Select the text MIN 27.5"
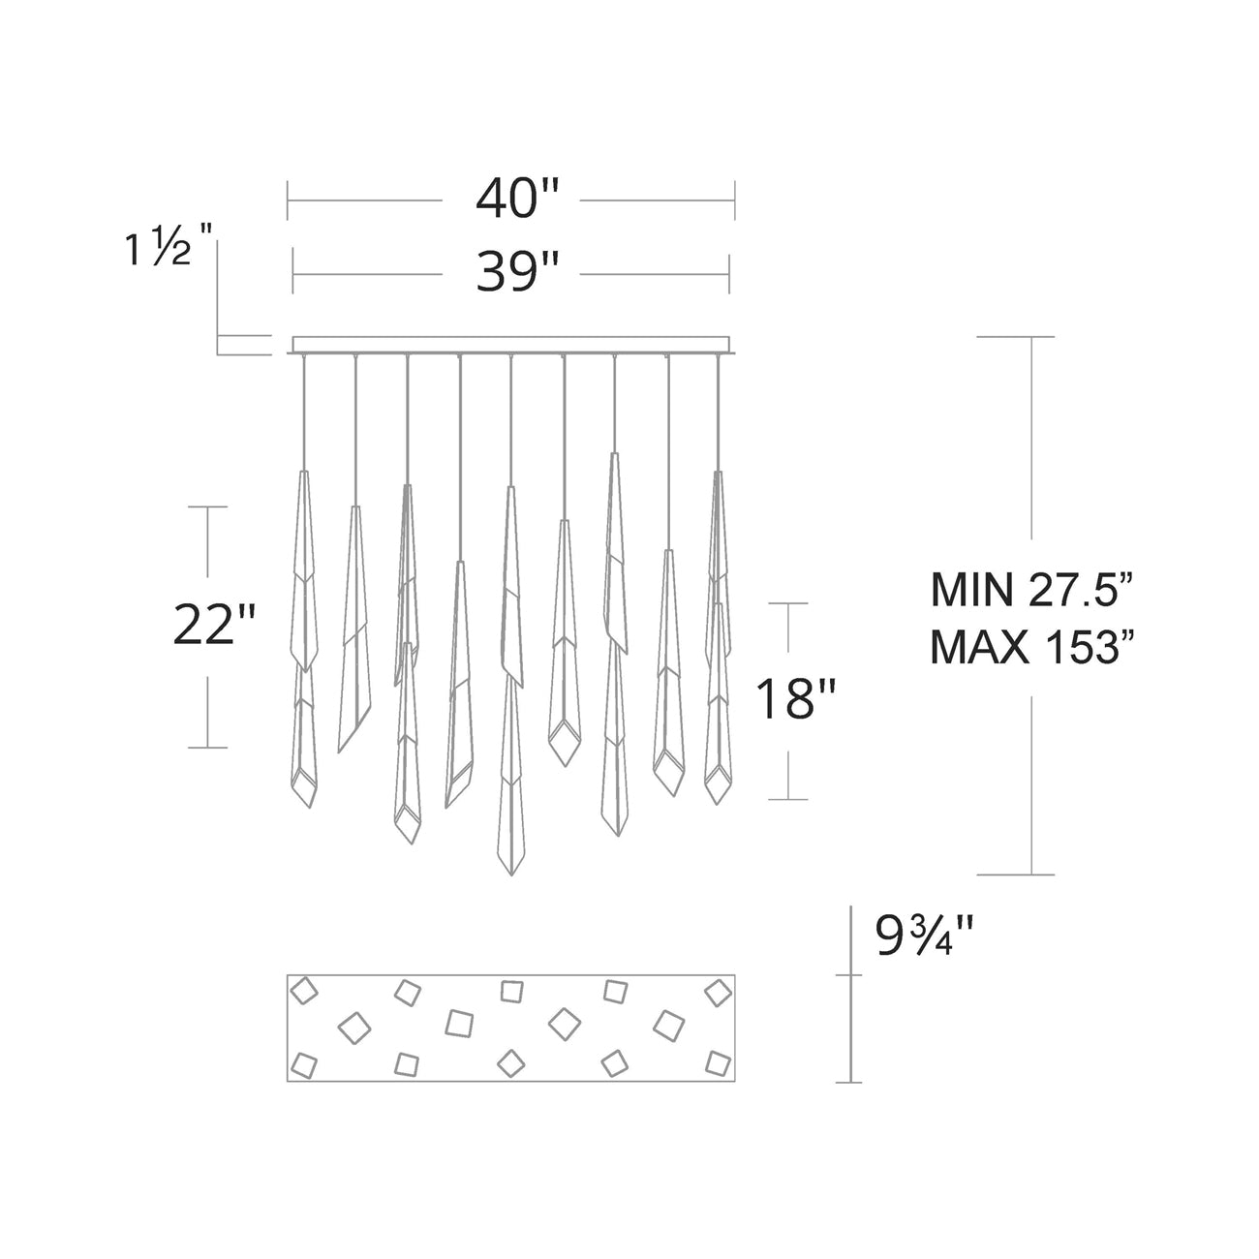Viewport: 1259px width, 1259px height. click(x=1030, y=590)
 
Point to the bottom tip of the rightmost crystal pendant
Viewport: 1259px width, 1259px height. click(x=716, y=803)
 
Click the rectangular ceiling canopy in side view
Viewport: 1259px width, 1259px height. click(x=510, y=345)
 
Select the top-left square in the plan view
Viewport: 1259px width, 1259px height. click(x=306, y=993)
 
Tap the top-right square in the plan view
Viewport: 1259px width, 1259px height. click(x=718, y=993)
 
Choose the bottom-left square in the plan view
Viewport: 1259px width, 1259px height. click(x=305, y=1064)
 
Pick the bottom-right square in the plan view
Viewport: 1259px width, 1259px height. click(x=717, y=1062)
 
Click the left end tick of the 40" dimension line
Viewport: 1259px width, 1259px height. click(x=288, y=200)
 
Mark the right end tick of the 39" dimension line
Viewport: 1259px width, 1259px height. click(x=729, y=274)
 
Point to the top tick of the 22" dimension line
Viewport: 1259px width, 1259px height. click(x=207, y=507)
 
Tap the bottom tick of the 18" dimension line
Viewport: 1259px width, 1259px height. click(x=789, y=799)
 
